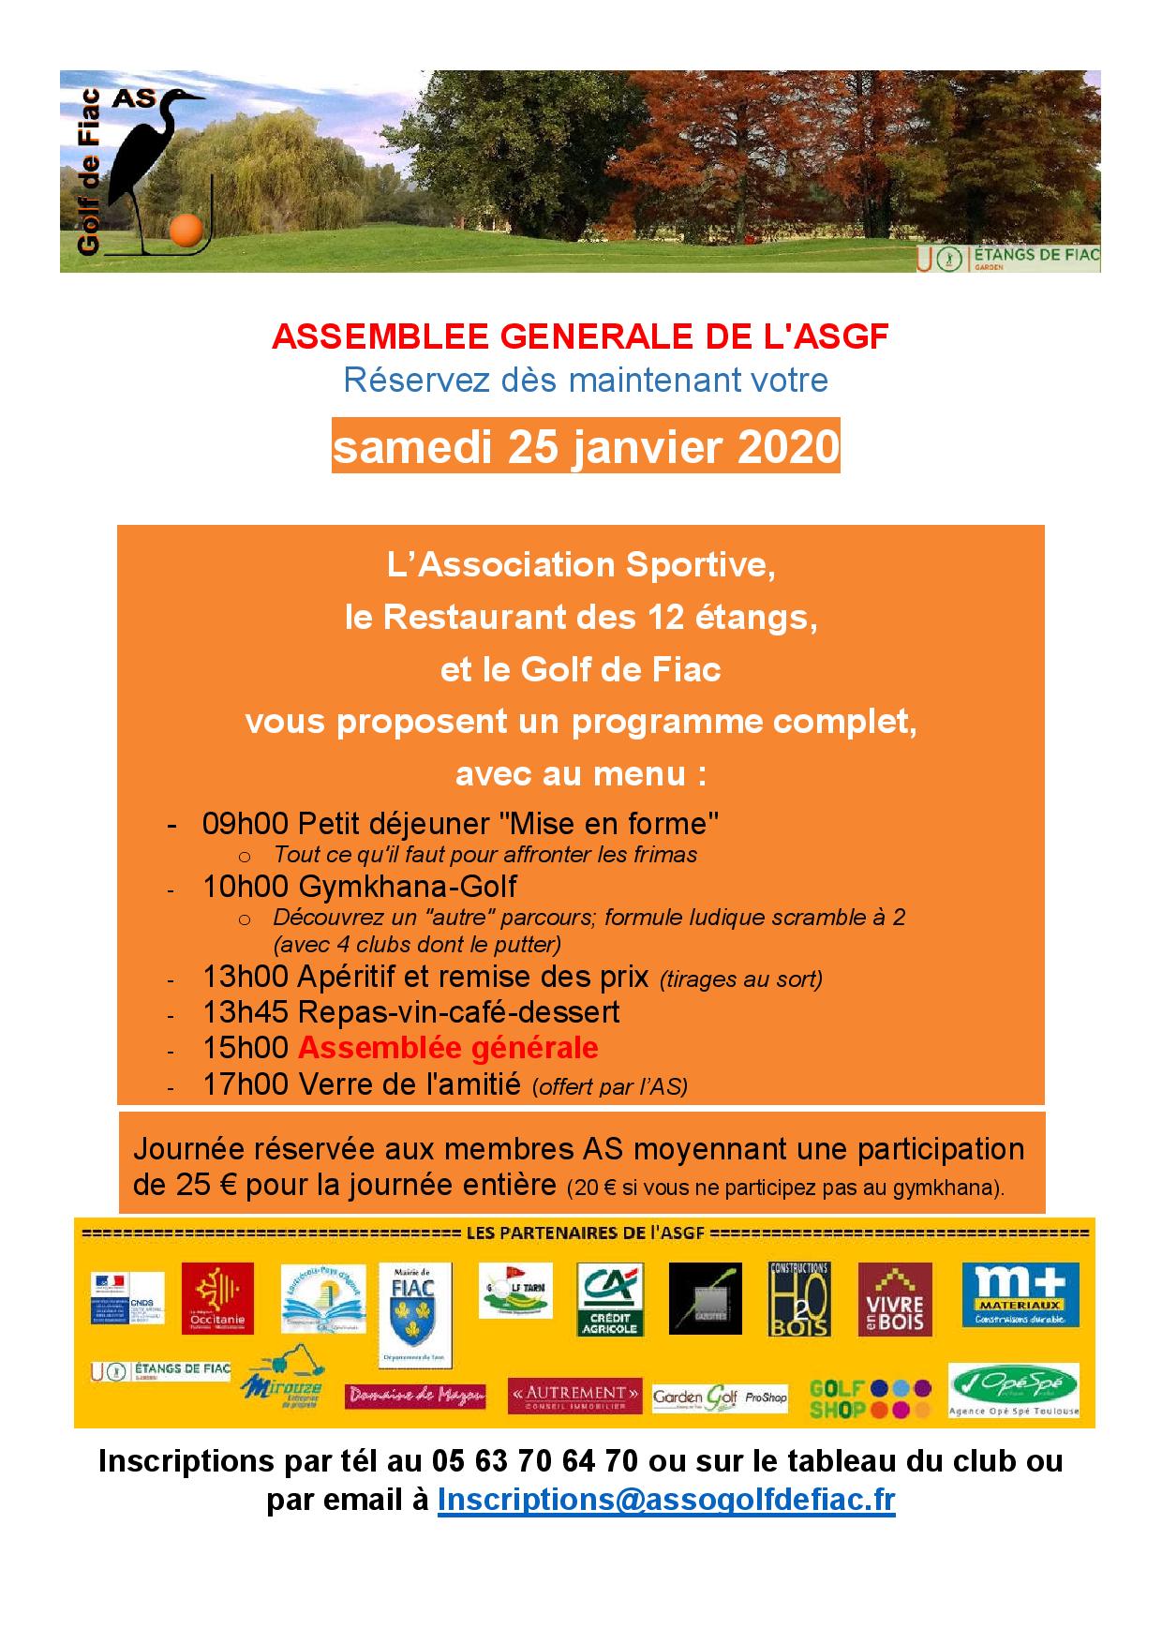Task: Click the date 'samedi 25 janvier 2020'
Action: click(586, 447)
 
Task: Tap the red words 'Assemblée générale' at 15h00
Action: click(448, 1048)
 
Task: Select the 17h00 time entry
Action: click(246, 1084)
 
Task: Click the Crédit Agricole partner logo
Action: click(610, 1299)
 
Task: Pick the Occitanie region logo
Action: click(217, 1298)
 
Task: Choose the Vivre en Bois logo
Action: click(895, 1298)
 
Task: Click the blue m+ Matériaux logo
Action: click(1020, 1294)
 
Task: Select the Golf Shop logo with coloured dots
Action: click(871, 1398)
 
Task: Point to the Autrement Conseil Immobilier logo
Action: click(575, 1396)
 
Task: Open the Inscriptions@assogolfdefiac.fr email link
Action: click(666, 1501)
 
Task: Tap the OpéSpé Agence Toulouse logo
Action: click(1014, 1391)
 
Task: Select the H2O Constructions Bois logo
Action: click(799, 1299)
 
